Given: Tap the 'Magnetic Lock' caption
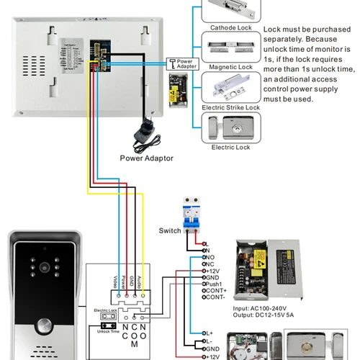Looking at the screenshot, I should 230,67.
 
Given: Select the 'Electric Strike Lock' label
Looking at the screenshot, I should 230,107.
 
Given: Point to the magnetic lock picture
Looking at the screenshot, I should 230,50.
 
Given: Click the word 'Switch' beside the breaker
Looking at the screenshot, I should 171,231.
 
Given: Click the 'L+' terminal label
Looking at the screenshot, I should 210,333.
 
